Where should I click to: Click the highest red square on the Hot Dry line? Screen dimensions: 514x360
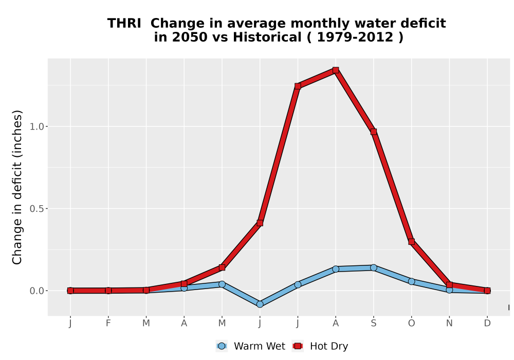(335, 70)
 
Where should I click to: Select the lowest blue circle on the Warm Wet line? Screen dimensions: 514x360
(260, 304)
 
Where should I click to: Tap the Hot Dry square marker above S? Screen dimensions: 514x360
(373, 132)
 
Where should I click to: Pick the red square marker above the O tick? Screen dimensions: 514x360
(411, 242)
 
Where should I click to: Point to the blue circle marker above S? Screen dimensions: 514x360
(373, 267)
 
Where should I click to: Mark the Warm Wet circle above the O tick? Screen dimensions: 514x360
(411, 281)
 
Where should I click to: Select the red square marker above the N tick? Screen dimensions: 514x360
(449, 284)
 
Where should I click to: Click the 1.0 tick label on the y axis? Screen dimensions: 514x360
(37, 127)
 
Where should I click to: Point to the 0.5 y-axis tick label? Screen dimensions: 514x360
(37, 209)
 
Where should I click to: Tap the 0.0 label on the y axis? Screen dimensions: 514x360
(37, 291)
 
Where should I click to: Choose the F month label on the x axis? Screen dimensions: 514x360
(108, 323)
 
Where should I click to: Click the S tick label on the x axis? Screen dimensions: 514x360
(373, 323)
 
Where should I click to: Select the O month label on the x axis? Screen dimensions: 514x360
(411, 323)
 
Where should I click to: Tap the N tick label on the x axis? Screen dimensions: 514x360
(449, 323)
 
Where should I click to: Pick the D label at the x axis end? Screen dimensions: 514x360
(487, 323)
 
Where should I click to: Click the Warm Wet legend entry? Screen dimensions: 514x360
(251, 346)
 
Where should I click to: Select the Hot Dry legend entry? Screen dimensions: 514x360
(320, 346)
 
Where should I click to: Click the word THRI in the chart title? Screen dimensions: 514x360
(124, 24)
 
